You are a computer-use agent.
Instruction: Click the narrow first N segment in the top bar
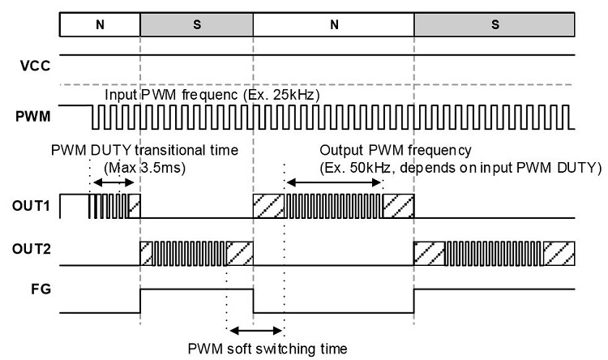click(100, 24)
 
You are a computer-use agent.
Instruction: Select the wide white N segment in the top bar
click(333, 24)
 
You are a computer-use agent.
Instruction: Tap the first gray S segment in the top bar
click(196, 24)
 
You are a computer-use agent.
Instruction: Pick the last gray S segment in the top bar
click(495, 24)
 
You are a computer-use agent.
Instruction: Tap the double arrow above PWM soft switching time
click(255, 331)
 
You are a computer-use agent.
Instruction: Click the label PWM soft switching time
click(268, 349)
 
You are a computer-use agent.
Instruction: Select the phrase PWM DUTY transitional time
click(143, 151)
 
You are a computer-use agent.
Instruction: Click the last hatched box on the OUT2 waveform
click(559, 254)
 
